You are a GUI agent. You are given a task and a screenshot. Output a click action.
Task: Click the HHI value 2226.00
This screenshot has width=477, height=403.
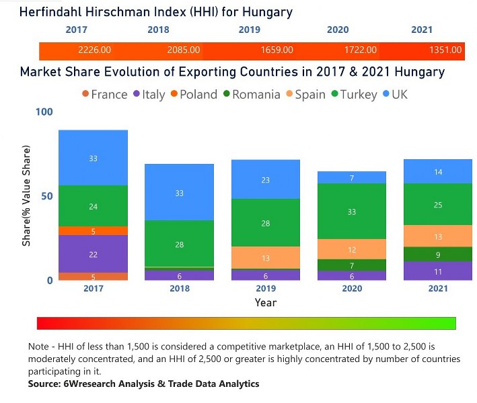click(x=94, y=50)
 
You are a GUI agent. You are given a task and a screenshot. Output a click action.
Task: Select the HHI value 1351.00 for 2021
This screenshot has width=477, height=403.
click(x=445, y=50)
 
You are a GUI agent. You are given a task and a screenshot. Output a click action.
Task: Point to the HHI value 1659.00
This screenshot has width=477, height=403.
click(x=277, y=50)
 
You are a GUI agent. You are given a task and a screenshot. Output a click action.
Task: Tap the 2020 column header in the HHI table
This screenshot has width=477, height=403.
click(x=338, y=30)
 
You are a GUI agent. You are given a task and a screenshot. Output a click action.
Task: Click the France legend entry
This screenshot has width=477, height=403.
click(x=104, y=95)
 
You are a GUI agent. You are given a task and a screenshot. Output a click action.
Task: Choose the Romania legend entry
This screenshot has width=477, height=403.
click(x=250, y=95)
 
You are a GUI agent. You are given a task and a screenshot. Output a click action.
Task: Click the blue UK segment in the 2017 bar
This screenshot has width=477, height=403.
click(x=93, y=158)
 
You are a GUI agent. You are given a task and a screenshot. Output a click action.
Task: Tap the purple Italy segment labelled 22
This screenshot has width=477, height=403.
click(x=93, y=254)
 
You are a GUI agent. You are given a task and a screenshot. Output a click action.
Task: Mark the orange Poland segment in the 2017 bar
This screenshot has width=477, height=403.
click(x=93, y=230)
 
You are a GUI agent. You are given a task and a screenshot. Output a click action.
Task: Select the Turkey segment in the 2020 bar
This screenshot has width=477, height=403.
click(x=352, y=211)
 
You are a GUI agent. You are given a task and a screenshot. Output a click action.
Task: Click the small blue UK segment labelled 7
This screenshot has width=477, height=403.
click(x=352, y=177)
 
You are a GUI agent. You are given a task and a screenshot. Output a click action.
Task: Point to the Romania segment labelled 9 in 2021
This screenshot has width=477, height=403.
click(x=438, y=255)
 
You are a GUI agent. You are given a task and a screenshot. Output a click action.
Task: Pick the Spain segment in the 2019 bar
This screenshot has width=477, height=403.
click(x=265, y=258)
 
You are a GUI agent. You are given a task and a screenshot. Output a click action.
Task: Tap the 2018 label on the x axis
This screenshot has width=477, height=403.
click(x=179, y=289)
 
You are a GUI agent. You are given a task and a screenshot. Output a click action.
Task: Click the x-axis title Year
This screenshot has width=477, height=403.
click(x=265, y=302)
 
